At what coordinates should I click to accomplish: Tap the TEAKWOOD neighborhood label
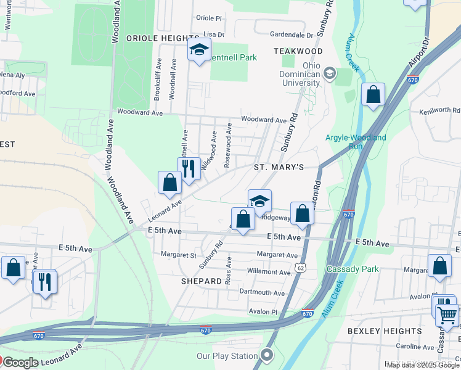point(298,51)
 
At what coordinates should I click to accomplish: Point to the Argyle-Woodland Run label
point(356,142)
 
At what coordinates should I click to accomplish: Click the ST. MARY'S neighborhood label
point(279,168)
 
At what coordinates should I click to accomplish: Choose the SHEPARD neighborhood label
point(201,281)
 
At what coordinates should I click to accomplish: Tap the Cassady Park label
point(348,269)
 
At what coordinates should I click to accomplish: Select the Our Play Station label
point(227,356)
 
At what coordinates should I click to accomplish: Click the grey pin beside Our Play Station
point(266,355)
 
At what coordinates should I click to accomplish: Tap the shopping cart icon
point(447,315)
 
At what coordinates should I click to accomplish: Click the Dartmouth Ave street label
point(263,293)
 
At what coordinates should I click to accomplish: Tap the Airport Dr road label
point(421,54)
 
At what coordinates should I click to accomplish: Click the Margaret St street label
point(178,255)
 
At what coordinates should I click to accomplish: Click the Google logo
point(20,363)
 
